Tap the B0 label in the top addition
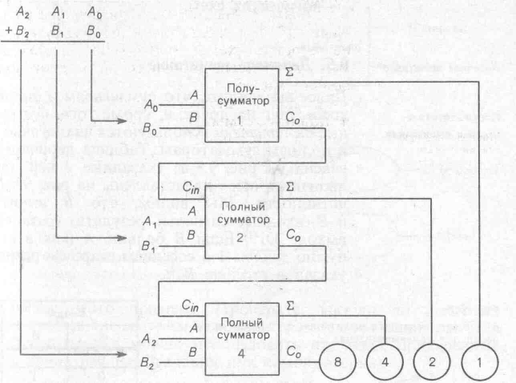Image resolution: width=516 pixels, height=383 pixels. click(95, 34)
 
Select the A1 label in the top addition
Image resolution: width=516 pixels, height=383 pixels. click(58, 13)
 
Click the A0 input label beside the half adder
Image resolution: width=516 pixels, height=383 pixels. click(151, 104)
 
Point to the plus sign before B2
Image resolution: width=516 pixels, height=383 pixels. click(9, 34)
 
